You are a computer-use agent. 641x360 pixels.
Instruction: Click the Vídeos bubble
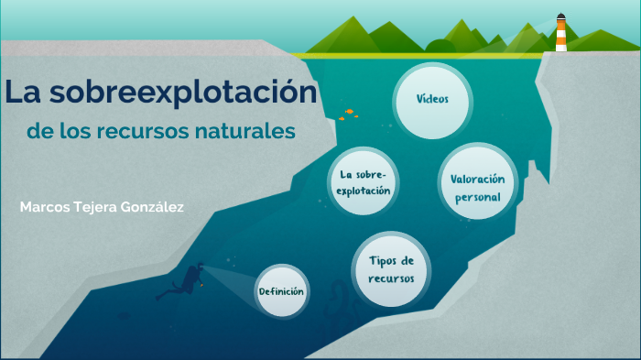[x=431, y=98]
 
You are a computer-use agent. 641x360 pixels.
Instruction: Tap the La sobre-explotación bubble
[x=364, y=182]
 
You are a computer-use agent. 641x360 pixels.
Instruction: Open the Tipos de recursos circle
[x=391, y=268]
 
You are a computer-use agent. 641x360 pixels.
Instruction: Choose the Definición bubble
[x=281, y=291]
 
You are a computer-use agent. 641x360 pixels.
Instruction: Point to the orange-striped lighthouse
[x=560, y=37]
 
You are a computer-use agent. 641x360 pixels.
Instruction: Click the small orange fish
[x=350, y=113]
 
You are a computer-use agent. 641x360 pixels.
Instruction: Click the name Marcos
[x=45, y=207]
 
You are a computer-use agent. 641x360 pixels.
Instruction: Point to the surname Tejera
[x=95, y=207]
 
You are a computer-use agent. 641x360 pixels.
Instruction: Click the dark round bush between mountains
[x=441, y=46]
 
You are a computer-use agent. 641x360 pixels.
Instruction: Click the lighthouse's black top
[x=560, y=17]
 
